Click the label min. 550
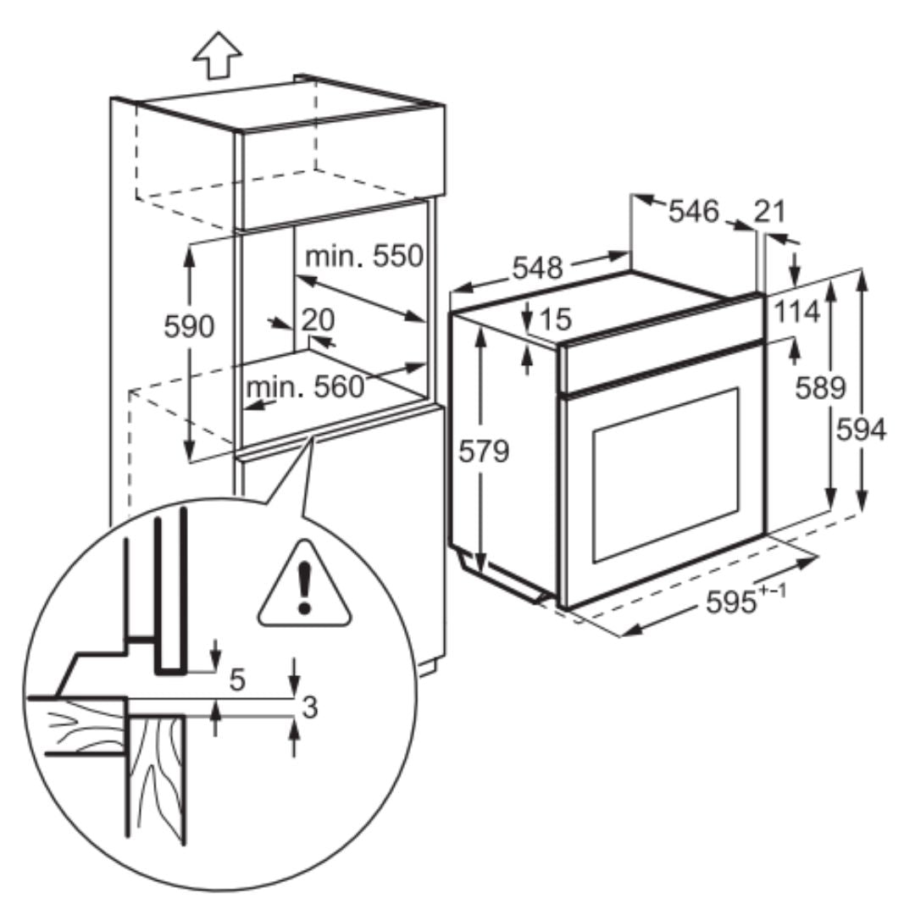click(363, 255)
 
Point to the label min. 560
click(304, 387)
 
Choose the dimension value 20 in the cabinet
click(318, 319)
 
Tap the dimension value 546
click(693, 211)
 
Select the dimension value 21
click(769, 210)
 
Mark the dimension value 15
click(556, 319)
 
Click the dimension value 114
click(796, 312)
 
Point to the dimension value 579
click(485, 452)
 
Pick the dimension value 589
click(821, 387)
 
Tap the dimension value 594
click(861, 430)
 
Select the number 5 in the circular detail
click(237, 679)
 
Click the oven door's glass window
click(665, 474)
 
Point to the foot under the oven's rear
click(465, 560)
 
